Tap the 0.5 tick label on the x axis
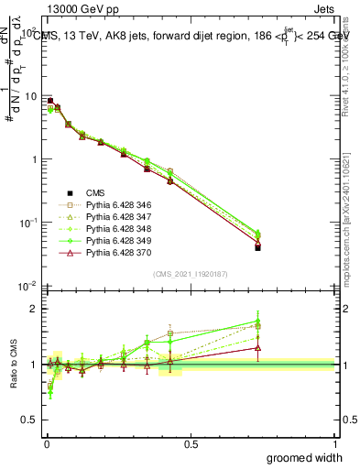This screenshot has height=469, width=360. coord(191,442)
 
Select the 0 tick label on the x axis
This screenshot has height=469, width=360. coord(46,442)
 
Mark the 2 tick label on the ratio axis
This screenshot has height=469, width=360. coord(34,309)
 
